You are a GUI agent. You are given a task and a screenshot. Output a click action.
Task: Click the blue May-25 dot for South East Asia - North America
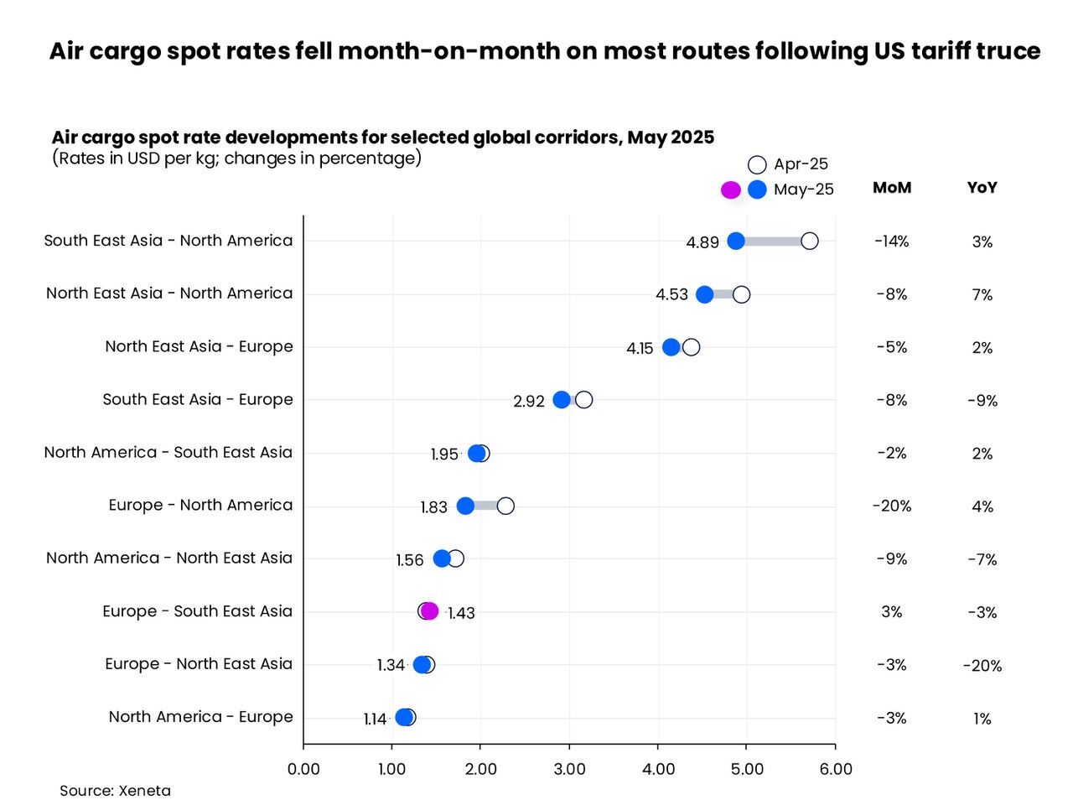[x=736, y=241]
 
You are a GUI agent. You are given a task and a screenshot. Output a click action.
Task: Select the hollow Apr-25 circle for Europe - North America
[x=505, y=506]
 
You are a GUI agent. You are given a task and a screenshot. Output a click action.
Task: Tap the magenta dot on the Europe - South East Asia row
[x=430, y=610]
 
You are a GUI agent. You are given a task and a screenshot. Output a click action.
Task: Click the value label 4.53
[x=671, y=294]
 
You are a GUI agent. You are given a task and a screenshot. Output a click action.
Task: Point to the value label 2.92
[x=529, y=401]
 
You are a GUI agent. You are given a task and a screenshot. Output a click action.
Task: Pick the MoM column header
[x=892, y=188]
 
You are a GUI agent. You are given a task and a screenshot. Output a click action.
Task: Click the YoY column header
[x=982, y=188]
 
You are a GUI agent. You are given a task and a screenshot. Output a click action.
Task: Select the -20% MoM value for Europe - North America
[x=892, y=506]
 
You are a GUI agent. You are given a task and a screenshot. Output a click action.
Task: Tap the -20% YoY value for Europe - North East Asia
[x=982, y=666]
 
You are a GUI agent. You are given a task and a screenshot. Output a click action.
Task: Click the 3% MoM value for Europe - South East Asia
[x=892, y=612]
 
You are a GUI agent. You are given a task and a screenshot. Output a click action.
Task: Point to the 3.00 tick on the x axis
[x=569, y=769]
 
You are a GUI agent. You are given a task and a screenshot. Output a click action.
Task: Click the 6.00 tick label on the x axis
[x=835, y=769]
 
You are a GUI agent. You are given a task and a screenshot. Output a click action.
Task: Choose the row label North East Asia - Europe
[x=199, y=346]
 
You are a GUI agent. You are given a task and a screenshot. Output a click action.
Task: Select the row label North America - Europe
[x=200, y=717]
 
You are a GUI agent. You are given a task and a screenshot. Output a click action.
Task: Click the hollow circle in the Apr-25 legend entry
[x=757, y=164]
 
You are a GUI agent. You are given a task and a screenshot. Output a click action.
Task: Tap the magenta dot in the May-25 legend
[x=731, y=190]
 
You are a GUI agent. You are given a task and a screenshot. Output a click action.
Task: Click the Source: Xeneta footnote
[x=115, y=791]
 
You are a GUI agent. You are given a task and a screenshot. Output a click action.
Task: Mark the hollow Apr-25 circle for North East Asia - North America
[x=741, y=294]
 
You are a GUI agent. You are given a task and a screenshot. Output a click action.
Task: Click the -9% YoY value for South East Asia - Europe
[x=982, y=401]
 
